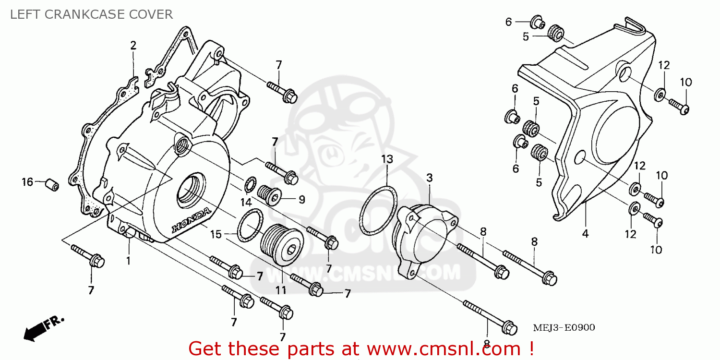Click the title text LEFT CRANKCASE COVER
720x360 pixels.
tap(91, 14)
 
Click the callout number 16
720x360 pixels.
tap(27, 182)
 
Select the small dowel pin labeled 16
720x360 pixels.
tap(51, 184)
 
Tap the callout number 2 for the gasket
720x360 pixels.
tap(133, 46)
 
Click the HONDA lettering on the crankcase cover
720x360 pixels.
tap(191, 219)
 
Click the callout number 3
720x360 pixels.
tap(429, 178)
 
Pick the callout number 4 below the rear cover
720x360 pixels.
tap(585, 234)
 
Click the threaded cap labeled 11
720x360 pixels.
tap(284, 244)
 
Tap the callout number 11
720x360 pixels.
tap(280, 290)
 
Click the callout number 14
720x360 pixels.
tap(246, 202)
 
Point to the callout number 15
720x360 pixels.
tap(216, 235)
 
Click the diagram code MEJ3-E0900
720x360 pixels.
tap(564, 328)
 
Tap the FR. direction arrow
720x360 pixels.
tap(43, 327)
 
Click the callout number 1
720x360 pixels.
tap(128, 261)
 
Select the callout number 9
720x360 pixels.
tap(301, 199)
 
